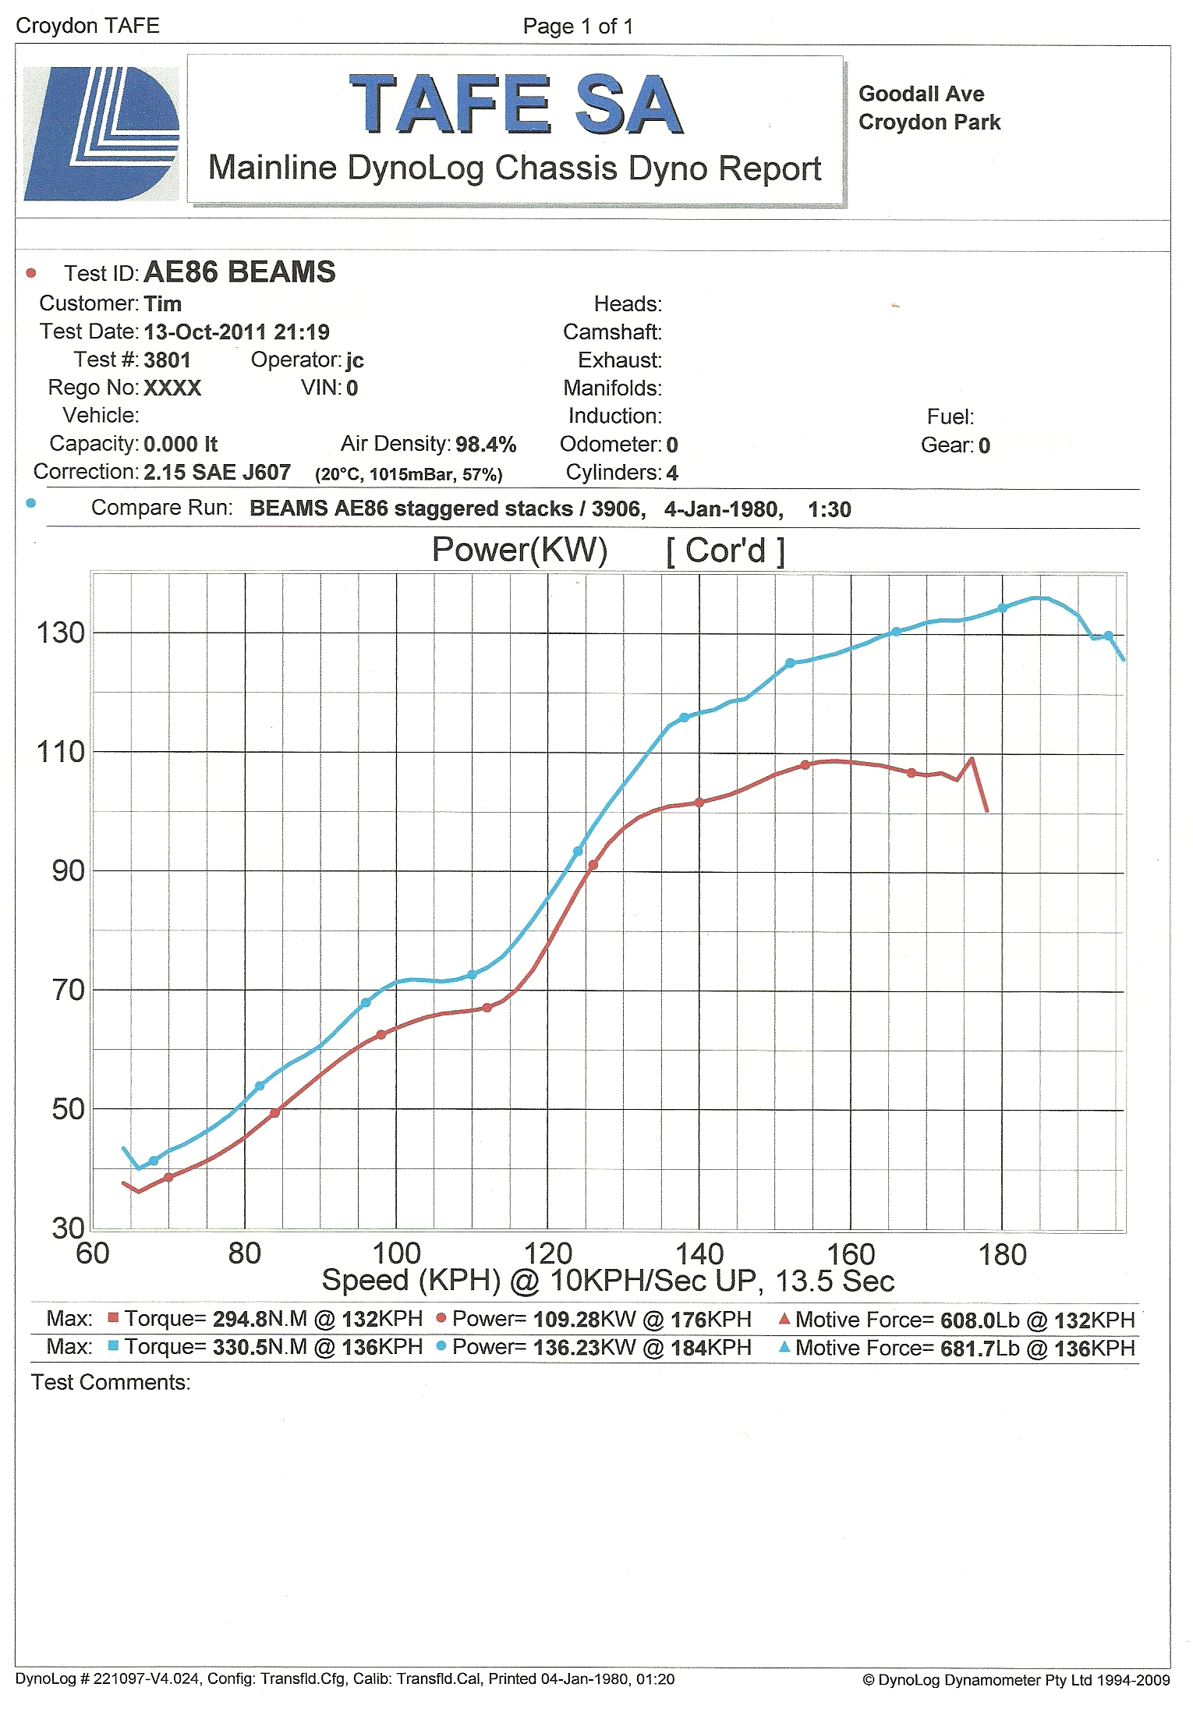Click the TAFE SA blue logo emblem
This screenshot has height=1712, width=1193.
[101, 133]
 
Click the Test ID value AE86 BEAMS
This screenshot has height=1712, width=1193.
[239, 272]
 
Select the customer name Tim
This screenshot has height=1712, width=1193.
[162, 303]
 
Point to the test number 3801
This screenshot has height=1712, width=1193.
[167, 360]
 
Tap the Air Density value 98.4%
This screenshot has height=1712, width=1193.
[486, 445]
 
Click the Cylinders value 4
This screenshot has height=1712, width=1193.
[672, 473]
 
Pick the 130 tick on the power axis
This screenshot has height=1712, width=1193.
[61, 633]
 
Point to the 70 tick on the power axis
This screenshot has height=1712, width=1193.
[68, 990]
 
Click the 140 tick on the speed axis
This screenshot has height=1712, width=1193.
[699, 1253]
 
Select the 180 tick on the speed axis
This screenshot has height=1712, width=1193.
[1002, 1254]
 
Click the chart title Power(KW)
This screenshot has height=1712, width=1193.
[519, 550]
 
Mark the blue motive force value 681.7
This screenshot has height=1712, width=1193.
[968, 1348]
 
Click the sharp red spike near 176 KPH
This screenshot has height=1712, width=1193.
[972, 758]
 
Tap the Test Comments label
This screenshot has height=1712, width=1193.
[111, 1382]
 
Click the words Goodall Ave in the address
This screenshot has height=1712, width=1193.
[921, 94]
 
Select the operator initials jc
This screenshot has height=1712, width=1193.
[355, 360]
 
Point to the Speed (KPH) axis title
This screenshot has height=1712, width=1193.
[411, 1281]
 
